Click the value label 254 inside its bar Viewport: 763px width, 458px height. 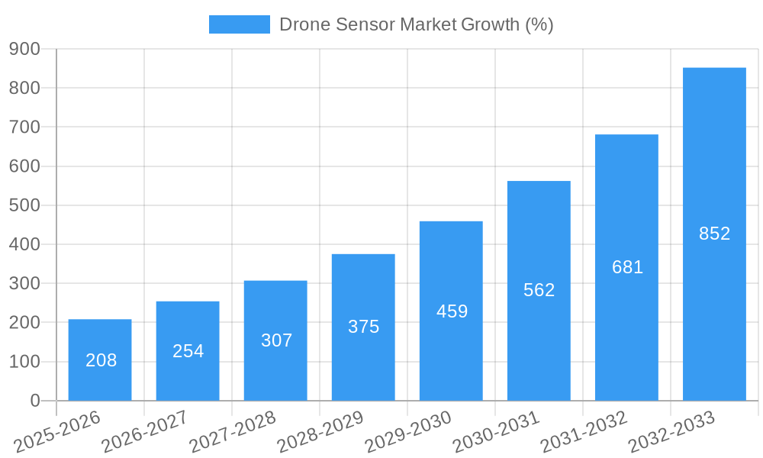[188, 351]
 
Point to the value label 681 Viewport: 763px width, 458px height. [627, 267]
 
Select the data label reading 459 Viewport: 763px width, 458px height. [452, 311]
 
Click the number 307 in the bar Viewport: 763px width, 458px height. [276, 340]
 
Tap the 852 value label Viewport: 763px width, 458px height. [714, 234]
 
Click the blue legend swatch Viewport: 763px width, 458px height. [240, 24]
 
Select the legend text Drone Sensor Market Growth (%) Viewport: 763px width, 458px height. [416, 24]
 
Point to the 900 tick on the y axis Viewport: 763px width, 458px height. [24, 49]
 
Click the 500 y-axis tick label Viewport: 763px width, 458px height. [24, 205]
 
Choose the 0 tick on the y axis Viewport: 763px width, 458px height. [34, 401]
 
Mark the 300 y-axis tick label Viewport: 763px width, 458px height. [24, 283]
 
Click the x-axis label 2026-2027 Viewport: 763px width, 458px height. [146, 431]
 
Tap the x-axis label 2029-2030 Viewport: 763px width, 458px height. [409, 431]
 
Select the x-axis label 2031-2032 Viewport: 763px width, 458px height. [584, 431]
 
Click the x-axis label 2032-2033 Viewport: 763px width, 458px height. [672, 431]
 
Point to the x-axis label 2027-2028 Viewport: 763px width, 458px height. [233, 431]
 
